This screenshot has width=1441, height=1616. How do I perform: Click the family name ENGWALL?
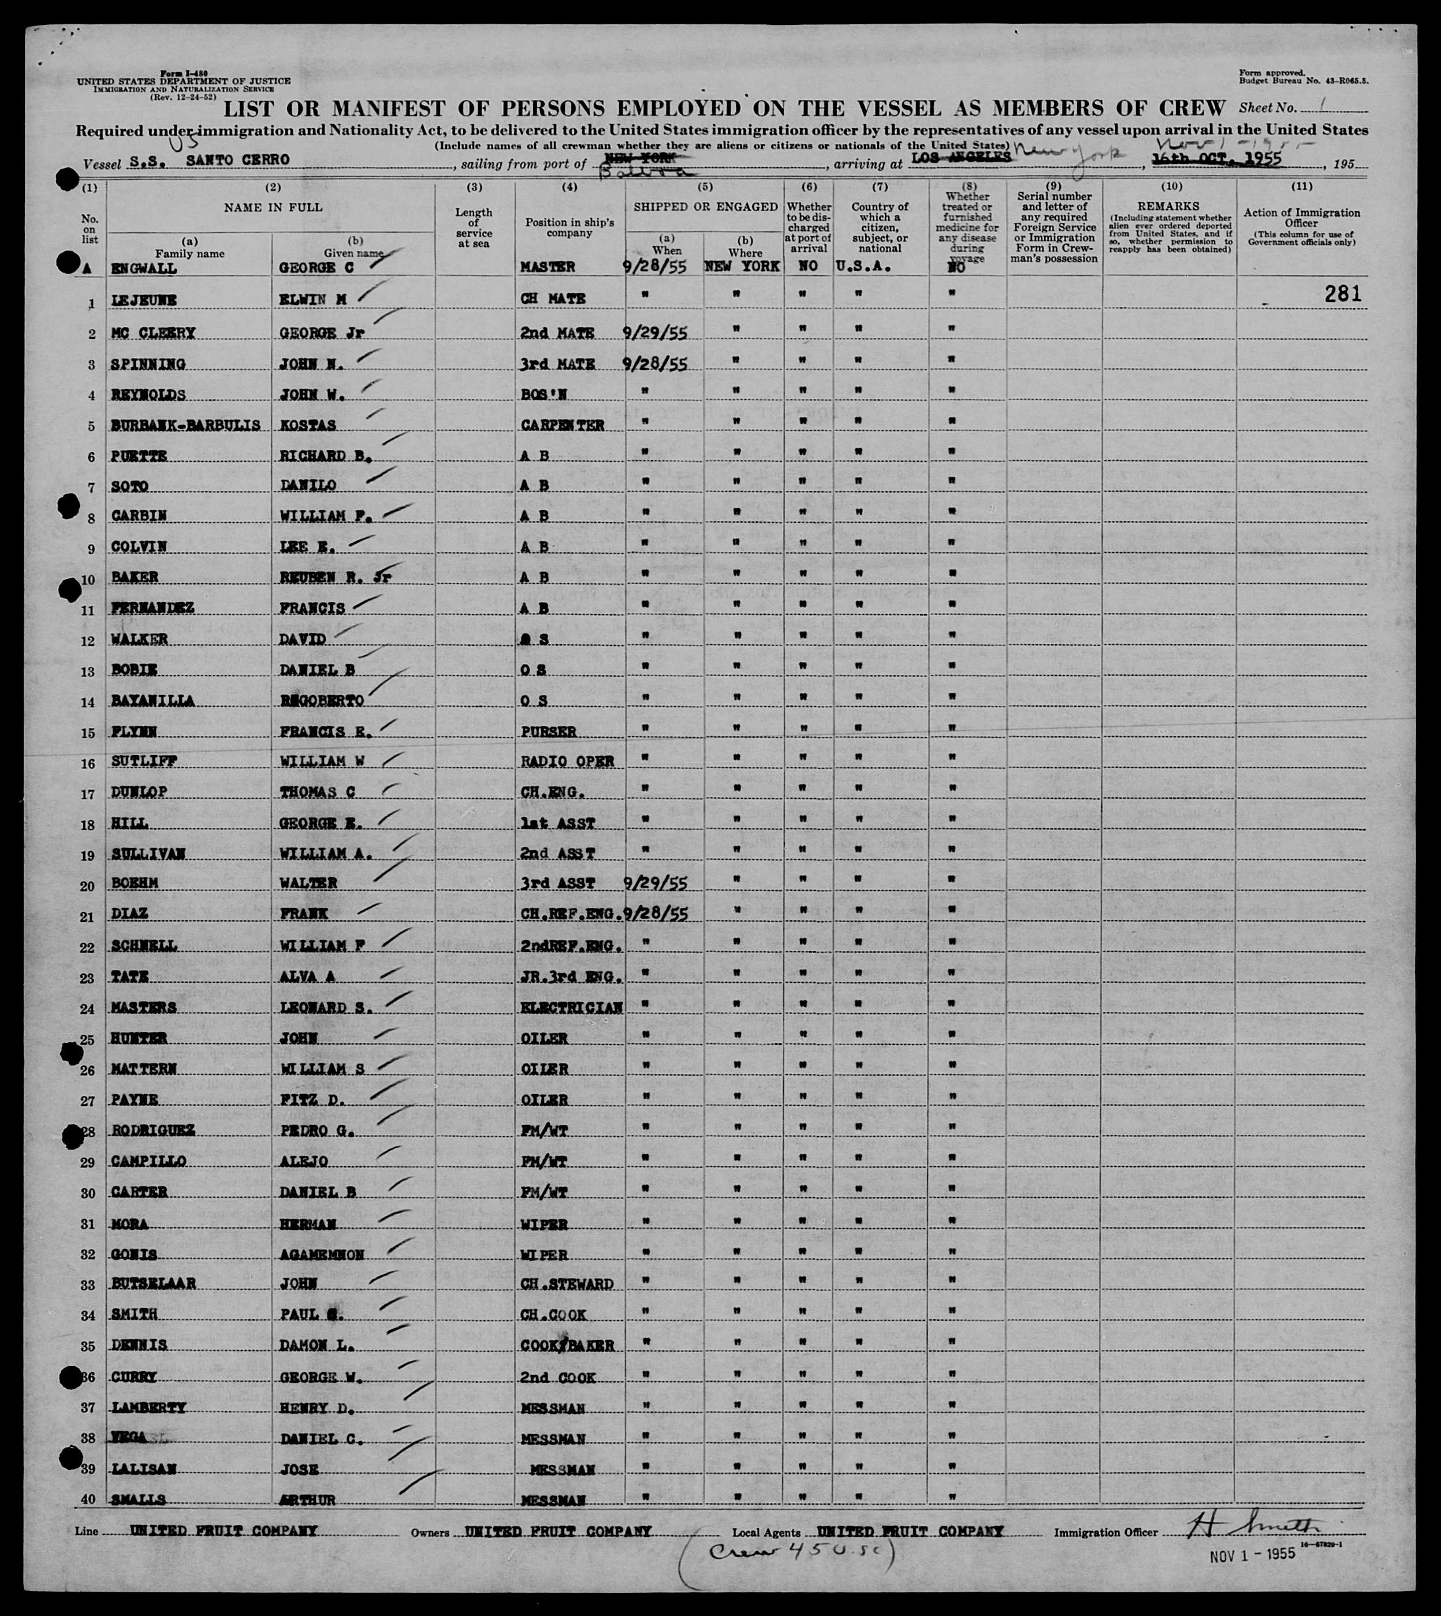coord(145,268)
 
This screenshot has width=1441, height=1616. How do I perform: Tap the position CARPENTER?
coord(563,425)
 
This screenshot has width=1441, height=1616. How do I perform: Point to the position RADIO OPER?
coord(568,762)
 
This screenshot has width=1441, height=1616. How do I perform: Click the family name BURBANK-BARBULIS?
coord(186,425)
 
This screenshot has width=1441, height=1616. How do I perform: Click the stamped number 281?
coord(1343,294)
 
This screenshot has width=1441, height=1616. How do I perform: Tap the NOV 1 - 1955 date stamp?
coord(1253,1554)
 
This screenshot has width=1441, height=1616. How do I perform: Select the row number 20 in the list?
coord(87,886)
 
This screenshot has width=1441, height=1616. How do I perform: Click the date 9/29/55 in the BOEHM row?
coord(656,883)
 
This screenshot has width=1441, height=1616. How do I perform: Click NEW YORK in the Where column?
coord(742,267)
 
